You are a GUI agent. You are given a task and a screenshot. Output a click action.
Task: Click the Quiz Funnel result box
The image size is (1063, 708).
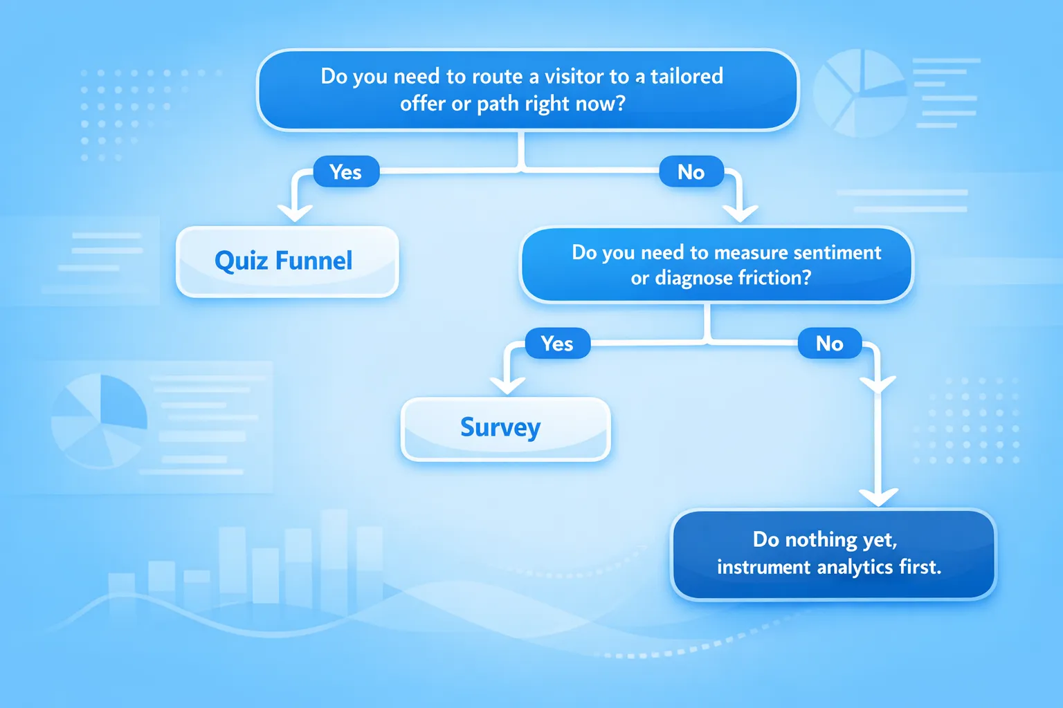(287, 261)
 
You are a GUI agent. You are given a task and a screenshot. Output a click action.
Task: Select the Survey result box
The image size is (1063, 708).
(505, 428)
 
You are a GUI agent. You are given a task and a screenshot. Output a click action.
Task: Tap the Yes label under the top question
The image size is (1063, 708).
(346, 171)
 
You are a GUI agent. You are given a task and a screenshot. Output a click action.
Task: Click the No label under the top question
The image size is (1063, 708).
(691, 171)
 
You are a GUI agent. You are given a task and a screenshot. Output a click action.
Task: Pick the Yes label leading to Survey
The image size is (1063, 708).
(557, 344)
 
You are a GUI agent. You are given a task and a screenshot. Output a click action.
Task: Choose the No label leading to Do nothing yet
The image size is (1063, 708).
(829, 344)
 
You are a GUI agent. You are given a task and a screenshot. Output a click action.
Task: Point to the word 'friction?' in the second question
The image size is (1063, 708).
(774, 278)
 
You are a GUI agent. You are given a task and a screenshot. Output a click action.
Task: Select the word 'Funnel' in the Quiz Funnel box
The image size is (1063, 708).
(314, 261)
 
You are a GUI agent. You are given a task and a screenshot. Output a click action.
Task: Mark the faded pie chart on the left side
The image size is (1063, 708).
(100, 421)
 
